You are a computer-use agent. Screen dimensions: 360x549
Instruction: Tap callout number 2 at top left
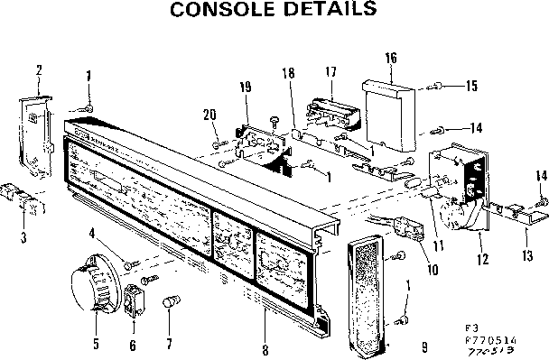(39, 69)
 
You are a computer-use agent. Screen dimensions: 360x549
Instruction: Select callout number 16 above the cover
(391, 59)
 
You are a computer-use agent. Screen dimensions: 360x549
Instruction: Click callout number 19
(245, 87)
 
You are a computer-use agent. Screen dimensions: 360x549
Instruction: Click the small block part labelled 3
(23, 199)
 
